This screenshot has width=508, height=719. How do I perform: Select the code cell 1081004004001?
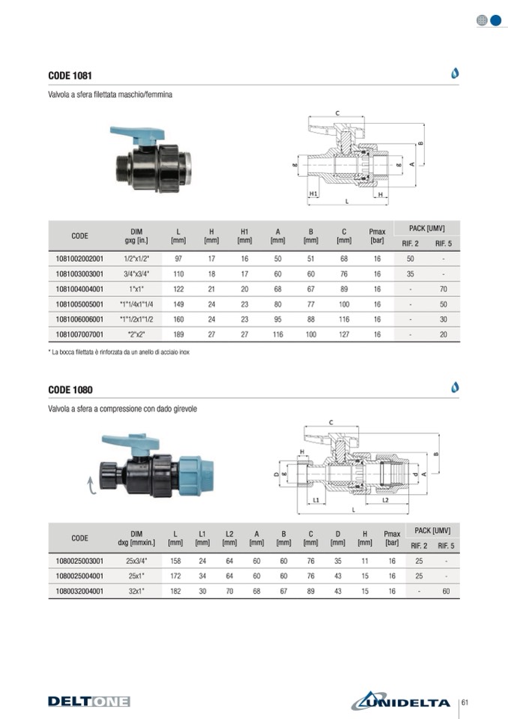point(79,289)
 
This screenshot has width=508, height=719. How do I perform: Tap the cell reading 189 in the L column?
point(178,334)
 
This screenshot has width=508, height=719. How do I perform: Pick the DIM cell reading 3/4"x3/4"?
point(136,274)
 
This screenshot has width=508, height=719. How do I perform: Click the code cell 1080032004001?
point(79,591)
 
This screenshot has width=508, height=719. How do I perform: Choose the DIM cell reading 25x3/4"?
point(136,561)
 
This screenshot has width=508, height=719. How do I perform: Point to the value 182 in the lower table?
point(175,591)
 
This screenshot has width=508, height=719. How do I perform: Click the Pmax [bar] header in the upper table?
point(377,236)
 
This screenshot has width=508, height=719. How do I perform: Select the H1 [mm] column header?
point(244,236)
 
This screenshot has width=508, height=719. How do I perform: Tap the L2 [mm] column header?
point(229,538)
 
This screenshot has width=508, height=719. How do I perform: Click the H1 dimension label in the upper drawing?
point(314,193)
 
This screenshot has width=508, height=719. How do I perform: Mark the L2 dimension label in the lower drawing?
point(384,499)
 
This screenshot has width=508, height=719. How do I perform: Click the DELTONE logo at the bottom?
point(88,702)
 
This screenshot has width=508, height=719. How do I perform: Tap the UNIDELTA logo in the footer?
point(401,702)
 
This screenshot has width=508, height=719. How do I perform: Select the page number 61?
point(465,702)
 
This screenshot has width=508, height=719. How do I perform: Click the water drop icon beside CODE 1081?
point(454,73)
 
